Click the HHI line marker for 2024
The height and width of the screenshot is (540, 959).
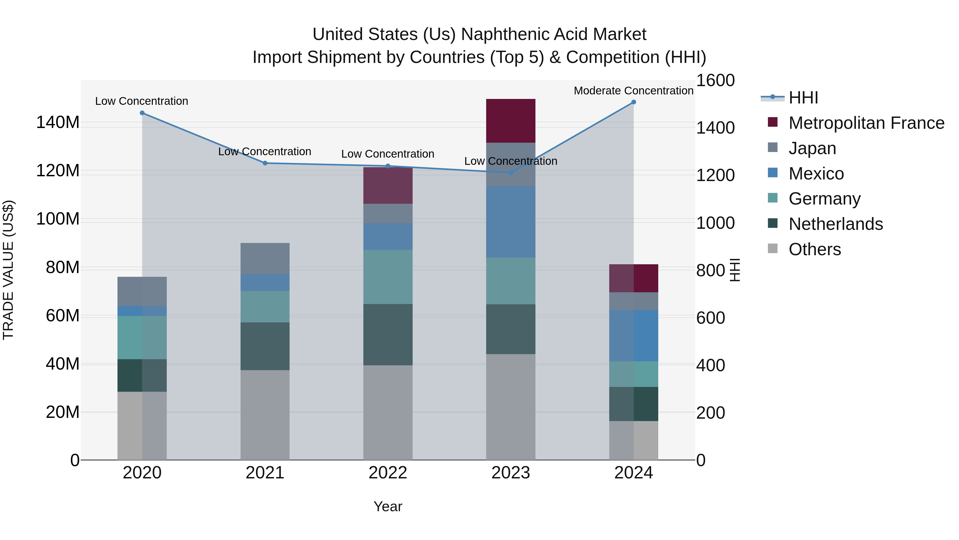[x=634, y=102]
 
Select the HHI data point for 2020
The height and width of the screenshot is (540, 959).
[x=142, y=113]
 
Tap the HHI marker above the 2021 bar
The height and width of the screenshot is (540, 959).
[x=265, y=163]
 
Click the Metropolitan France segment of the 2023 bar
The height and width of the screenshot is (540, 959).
[x=511, y=121]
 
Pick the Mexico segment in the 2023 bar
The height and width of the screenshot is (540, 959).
[x=511, y=222]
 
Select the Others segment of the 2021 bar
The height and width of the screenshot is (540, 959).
[x=265, y=414]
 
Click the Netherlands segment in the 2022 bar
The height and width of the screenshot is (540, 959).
[x=388, y=334]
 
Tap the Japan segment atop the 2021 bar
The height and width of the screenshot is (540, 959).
[x=265, y=259]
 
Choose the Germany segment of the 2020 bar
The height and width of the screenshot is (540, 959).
[x=142, y=338]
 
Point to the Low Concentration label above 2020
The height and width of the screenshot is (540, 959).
[x=141, y=101]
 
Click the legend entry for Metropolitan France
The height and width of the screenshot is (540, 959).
[x=866, y=123]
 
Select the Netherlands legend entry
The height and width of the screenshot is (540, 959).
[x=835, y=224]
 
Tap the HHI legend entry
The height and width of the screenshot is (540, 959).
[x=803, y=98]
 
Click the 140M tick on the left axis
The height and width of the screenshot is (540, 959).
[x=58, y=122]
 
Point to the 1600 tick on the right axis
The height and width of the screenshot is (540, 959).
[x=715, y=81]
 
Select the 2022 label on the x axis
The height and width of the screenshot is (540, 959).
[x=388, y=473]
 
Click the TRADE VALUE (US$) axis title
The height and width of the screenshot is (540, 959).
[x=9, y=270]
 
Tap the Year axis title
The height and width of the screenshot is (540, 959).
[x=388, y=506]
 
